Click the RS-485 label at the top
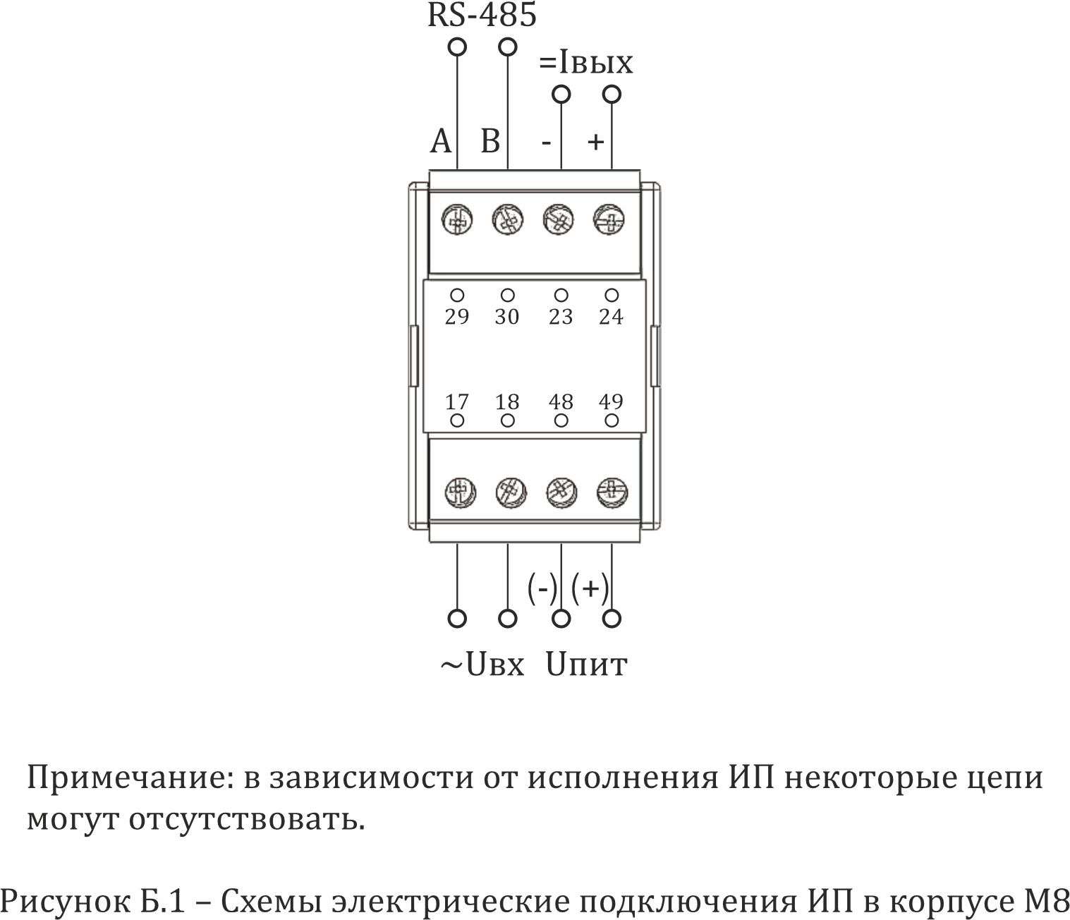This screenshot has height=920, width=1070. click(x=482, y=16)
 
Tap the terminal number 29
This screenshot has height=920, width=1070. click(x=457, y=317)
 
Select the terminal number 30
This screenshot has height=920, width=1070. click(x=506, y=317)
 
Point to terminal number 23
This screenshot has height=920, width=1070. click(x=561, y=317)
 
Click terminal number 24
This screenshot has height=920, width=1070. click(x=611, y=317)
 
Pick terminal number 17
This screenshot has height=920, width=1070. click(x=457, y=402)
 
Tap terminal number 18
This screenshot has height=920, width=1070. click(x=506, y=402)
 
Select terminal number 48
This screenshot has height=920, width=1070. click(x=561, y=402)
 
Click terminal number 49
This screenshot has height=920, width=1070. click(x=611, y=402)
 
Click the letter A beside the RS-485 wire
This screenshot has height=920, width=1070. click(x=441, y=141)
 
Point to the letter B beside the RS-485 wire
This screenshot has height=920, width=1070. click(x=490, y=141)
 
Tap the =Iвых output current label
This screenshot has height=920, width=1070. click(x=586, y=63)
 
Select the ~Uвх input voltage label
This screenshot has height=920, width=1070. click(x=482, y=665)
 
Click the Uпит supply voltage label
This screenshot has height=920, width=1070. click(x=586, y=665)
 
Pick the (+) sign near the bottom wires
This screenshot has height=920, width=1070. click(x=590, y=588)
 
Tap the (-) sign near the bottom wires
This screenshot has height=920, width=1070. click(x=542, y=588)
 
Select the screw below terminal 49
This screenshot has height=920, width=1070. click(x=612, y=492)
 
